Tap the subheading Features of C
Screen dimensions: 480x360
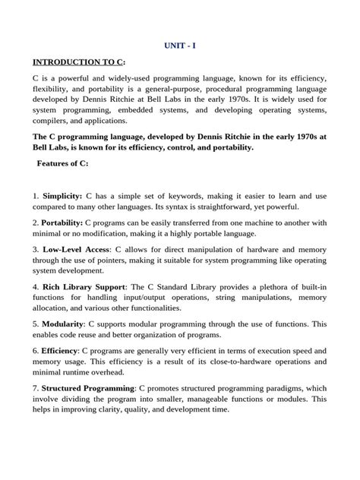click(63, 163)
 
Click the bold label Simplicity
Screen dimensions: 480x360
click(62, 195)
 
